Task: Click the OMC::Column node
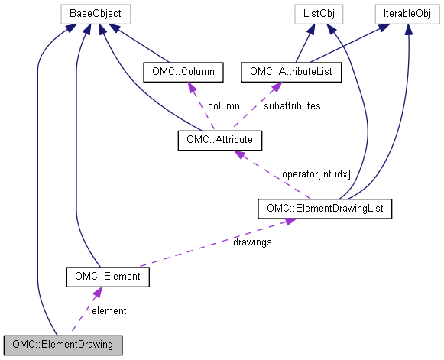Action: click(183, 73)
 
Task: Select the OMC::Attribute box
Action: click(220, 141)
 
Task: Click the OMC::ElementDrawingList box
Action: click(325, 208)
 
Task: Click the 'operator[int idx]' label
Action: click(316, 174)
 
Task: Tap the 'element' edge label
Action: click(109, 310)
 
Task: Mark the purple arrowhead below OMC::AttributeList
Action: click(269, 86)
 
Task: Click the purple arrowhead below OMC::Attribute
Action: click(239, 154)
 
